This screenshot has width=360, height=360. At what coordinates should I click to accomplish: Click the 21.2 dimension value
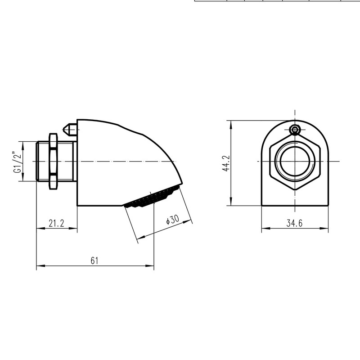coord(57,223)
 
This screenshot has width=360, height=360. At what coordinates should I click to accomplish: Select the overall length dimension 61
coord(94,261)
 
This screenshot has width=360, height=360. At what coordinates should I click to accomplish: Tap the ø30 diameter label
coord(173,220)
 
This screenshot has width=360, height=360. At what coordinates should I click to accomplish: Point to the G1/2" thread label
coord(18,162)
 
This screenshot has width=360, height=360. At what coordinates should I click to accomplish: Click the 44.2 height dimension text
coord(226,163)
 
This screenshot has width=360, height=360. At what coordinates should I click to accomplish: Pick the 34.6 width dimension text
coord(295,223)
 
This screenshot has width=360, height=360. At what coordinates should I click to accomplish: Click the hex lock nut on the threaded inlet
coord(53,161)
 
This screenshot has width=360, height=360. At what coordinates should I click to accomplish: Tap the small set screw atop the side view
coord(70,130)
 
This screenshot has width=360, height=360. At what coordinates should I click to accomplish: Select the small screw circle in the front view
coord(295,130)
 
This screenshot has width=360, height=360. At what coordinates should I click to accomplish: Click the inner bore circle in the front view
coord(295,162)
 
